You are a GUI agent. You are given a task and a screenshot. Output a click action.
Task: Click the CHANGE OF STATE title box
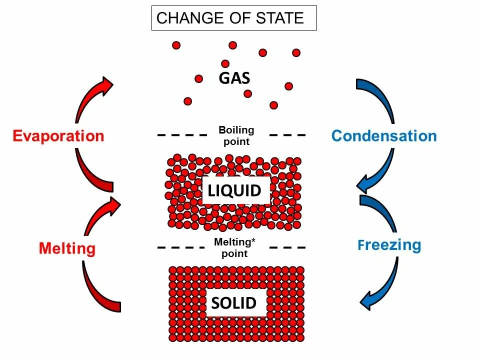pyautogui.click(x=234, y=18)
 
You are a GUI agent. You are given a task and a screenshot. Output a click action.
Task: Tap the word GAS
pyautogui.click(x=234, y=78)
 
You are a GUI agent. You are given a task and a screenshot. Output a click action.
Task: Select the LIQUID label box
pyautogui.click(x=234, y=190)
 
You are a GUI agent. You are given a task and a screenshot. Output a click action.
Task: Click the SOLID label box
pyautogui.click(x=234, y=303)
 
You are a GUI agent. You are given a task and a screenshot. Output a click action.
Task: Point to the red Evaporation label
pyautogui.click(x=58, y=136)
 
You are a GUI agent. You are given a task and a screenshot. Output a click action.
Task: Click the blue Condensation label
pyautogui.click(x=384, y=136)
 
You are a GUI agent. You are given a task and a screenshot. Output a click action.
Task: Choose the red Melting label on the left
pyautogui.click(x=67, y=248)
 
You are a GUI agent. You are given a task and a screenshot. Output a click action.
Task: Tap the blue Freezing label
pyautogui.click(x=389, y=245)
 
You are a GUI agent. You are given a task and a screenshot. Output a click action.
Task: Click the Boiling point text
pyautogui.click(x=236, y=135)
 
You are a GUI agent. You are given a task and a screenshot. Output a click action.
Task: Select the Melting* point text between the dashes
pyautogui.click(x=234, y=247)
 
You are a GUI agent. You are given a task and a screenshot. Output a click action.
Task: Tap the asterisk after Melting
pyautogui.click(x=253, y=241)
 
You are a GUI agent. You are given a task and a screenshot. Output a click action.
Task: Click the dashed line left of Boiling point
pyautogui.click(x=181, y=135)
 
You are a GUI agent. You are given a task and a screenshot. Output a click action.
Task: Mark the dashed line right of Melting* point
pyautogui.click(x=287, y=247)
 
